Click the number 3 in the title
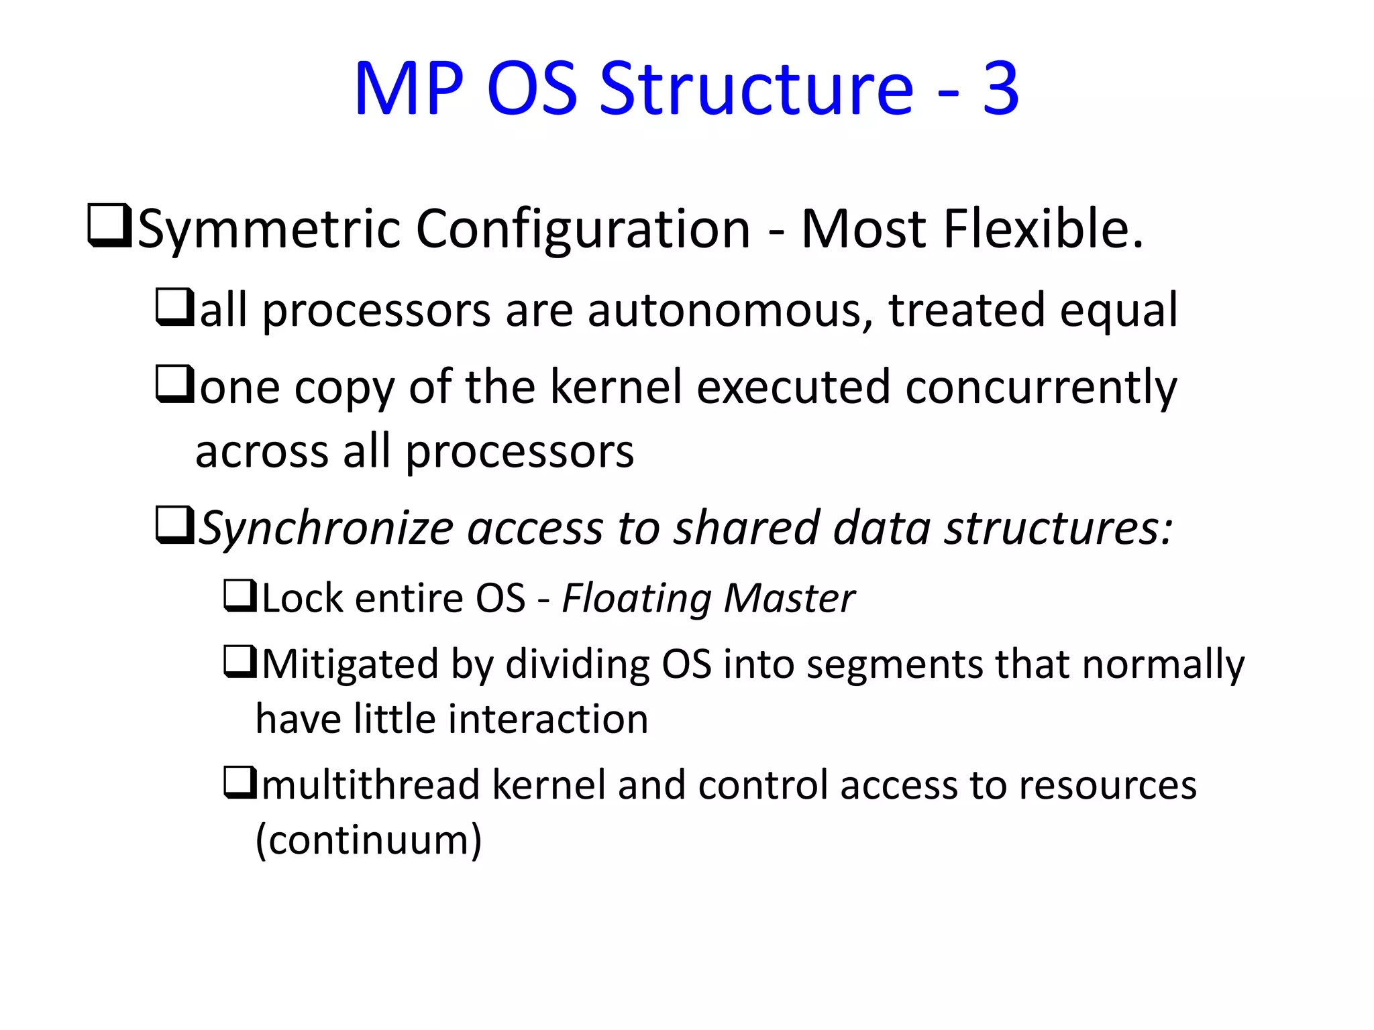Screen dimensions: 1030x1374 [x=1001, y=89]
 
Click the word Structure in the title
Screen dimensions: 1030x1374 [x=756, y=89]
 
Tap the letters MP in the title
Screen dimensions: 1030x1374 [x=409, y=89]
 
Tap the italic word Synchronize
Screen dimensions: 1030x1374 [x=326, y=528]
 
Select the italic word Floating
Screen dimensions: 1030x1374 [x=636, y=598]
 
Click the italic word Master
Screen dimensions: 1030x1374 [x=790, y=598]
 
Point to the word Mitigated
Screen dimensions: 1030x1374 [x=349, y=665]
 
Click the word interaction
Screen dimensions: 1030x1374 [x=547, y=719]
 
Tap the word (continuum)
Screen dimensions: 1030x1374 [x=368, y=840]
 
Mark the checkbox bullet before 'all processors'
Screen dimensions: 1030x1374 [x=174, y=307]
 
